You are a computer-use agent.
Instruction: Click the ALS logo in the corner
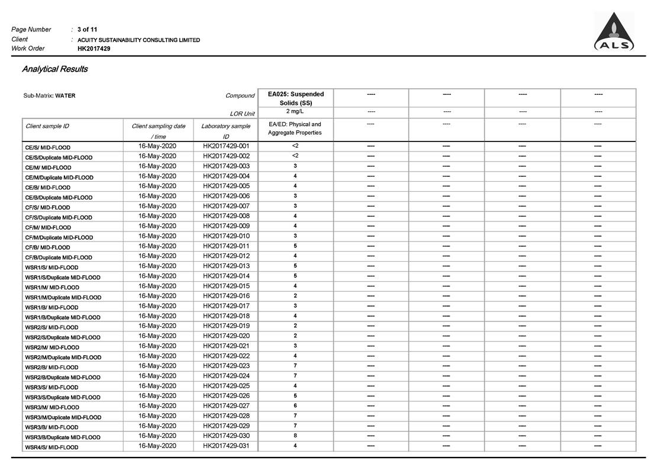point(614,33)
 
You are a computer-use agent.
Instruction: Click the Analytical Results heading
point(55,69)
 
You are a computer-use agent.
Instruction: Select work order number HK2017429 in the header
point(94,49)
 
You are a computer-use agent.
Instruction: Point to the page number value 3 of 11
point(88,29)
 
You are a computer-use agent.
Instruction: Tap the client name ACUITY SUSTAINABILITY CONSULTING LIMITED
point(138,40)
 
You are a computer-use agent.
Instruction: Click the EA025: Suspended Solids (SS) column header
point(295,98)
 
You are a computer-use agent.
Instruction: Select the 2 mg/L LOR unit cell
point(295,111)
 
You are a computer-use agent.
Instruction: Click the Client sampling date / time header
point(158,131)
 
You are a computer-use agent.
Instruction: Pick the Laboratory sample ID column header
point(225,131)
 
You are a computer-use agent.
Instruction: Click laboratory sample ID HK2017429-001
point(226,146)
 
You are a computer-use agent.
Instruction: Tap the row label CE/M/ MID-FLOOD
point(48,168)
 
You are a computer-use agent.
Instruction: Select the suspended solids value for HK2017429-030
point(295,436)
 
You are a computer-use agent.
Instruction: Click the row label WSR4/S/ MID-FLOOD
point(51,448)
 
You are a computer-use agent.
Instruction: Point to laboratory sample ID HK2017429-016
point(226,296)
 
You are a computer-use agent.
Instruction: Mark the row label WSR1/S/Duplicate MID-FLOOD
point(63,278)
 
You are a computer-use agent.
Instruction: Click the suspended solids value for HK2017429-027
point(295,406)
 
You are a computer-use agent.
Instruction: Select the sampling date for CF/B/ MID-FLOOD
point(157,246)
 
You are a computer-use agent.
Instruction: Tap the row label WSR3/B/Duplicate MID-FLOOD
point(63,437)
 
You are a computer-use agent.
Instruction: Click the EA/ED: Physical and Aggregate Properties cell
point(295,128)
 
